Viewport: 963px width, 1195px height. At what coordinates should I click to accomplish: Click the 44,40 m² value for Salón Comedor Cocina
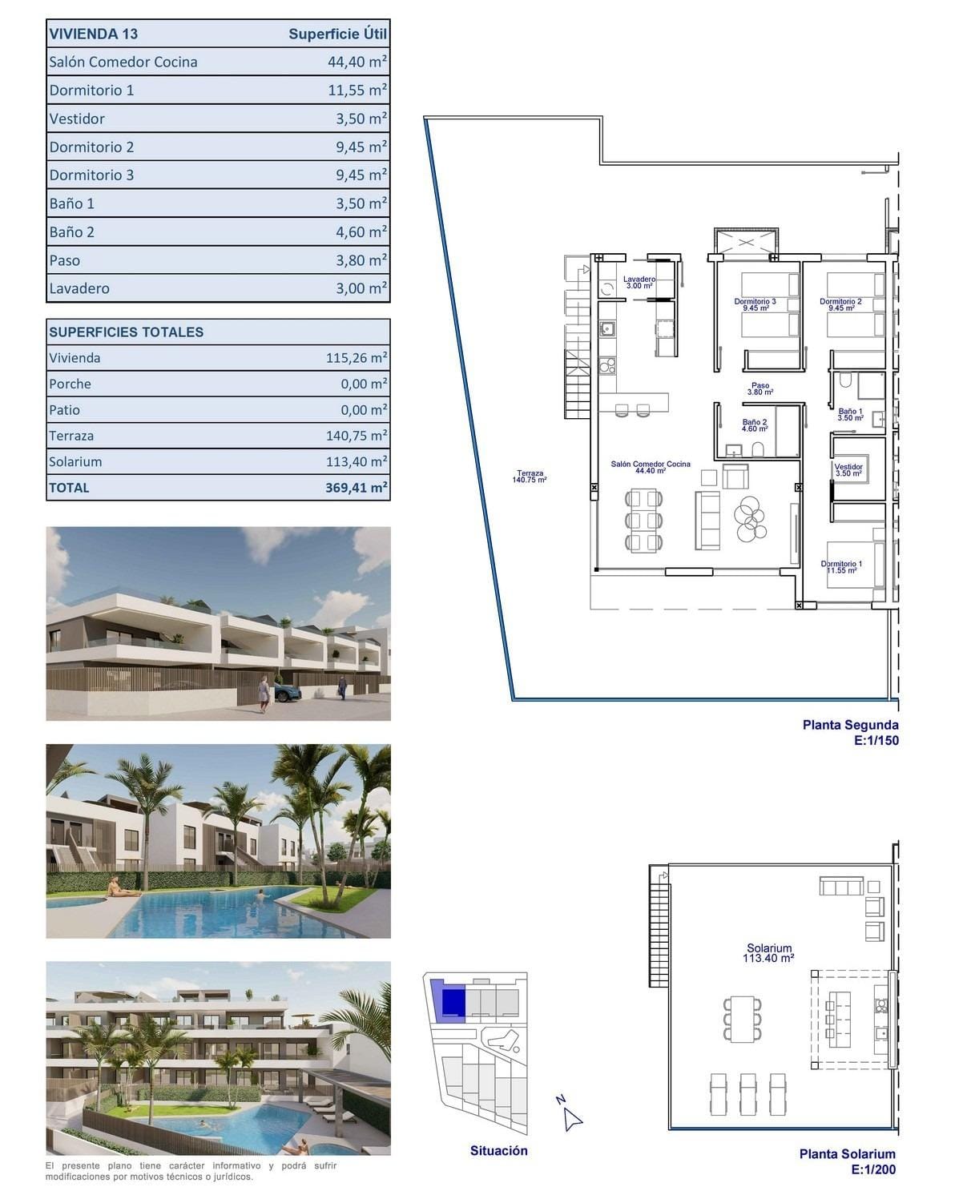357,62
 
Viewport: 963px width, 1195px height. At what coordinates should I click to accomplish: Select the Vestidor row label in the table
77,119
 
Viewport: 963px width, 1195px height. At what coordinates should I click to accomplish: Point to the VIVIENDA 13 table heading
94,34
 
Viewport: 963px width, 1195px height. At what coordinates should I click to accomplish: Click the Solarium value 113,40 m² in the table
357,461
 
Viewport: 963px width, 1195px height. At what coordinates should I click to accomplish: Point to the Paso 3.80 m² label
760,388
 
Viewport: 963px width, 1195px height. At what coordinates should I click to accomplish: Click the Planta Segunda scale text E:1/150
876,741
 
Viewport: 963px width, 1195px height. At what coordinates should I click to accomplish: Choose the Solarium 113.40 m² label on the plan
768,952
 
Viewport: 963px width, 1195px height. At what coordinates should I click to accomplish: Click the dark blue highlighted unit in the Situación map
453,1002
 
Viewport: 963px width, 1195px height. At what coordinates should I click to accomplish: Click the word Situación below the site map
498,1151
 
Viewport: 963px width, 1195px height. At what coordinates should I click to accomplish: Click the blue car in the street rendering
287,693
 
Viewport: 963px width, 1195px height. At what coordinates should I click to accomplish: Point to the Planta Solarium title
847,1154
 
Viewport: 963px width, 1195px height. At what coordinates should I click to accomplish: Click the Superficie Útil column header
337,34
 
